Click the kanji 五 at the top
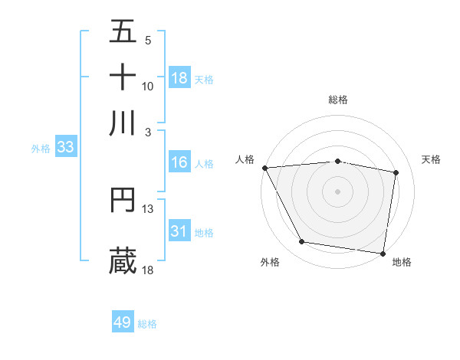click(123, 31)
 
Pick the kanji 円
click(123, 200)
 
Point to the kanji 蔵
click(123, 260)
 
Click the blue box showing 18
click(179, 78)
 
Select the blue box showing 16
click(179, 162)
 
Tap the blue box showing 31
click(179, 231)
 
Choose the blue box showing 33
click(64, 148)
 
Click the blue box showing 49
click(123, 322)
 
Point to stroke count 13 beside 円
click(148, 208)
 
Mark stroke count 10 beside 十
click(148, 86)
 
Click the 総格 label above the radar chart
click(338, 100)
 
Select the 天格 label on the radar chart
click(431, 159)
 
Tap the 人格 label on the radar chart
click(245, 159)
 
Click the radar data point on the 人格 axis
click(264, 168)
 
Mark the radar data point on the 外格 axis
click(302, 242)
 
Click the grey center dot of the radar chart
click(338, 191)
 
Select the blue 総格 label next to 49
click(147, 324)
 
